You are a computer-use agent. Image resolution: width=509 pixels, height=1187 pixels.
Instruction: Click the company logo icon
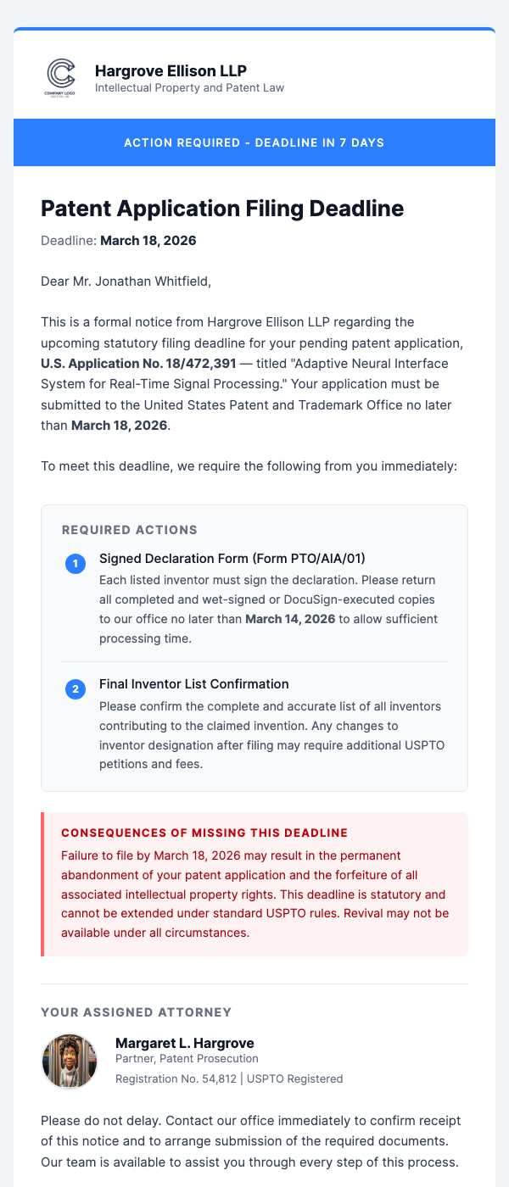coord(60,75)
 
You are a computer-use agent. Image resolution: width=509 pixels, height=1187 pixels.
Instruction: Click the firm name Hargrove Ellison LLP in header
coord(171,70)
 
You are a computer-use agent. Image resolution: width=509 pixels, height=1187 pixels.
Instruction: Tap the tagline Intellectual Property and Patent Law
coord(189,88)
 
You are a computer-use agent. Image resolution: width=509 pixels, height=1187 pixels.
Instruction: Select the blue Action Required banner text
coord(255,142)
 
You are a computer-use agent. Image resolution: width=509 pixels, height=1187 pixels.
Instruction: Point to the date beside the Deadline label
coord(148,241)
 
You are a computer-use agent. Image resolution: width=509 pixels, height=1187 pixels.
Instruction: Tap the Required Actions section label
coord(130,530)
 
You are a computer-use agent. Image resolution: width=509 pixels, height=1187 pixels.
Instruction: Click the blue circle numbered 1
coord(76,563)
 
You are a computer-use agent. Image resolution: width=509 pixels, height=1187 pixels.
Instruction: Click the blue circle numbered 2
coord(76,689)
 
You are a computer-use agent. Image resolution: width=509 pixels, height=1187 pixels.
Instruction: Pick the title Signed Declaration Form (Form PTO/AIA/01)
coord(232,558)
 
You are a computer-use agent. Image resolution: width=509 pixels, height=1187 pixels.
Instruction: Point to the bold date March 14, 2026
coord(290,619)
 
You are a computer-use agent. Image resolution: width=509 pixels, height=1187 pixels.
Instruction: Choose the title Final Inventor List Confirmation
coord(194,683)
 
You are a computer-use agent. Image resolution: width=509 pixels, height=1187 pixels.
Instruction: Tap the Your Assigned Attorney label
coord(136,1011)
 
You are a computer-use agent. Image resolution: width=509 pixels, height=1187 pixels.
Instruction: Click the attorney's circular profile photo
coord(70,1062)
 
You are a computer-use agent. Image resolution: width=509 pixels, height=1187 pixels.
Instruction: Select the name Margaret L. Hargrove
coord(185,1043)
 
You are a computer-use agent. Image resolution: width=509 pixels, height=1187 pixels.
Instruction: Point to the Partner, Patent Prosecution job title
coord(187,1059)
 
